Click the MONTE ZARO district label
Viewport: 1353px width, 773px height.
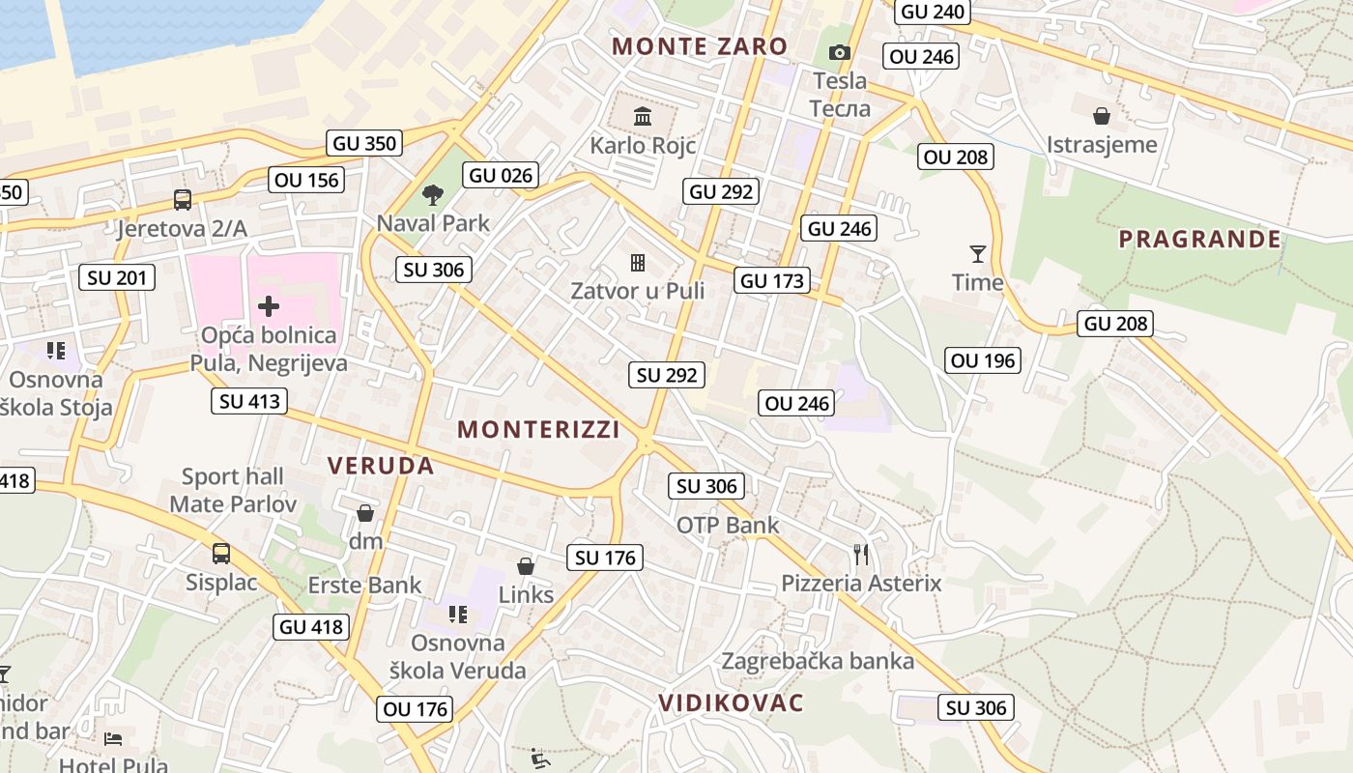coord(700,45)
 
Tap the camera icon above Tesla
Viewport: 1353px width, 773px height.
coord(840,52)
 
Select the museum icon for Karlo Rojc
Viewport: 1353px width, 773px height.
coord(642,117)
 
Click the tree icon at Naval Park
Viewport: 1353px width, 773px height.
coord(433,194)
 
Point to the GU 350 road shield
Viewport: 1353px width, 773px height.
coord(364,143)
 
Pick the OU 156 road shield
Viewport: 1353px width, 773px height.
coord(306,180)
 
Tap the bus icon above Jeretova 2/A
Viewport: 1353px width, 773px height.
coord(183,200)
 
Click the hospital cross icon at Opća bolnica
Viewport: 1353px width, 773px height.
coord(269,307)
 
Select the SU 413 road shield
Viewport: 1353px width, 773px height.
coord(249,401)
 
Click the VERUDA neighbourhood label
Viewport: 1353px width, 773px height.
coord(381,466)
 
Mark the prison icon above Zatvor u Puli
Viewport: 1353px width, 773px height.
coord(638,263)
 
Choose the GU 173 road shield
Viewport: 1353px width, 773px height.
coord(771,281)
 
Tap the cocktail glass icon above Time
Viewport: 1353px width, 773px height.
coord(978,254)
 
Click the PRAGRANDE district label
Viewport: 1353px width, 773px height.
coord(1200,239)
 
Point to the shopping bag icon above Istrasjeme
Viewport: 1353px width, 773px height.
coord(1102,117)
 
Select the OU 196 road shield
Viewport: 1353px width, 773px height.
coord(983,361)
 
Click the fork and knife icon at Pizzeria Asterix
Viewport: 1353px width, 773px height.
coord(861,555)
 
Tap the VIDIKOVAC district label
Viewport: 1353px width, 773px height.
coord(731,702)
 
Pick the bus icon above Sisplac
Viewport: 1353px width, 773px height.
coord(221,554)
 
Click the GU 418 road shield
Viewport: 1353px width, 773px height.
coord(311,627)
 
